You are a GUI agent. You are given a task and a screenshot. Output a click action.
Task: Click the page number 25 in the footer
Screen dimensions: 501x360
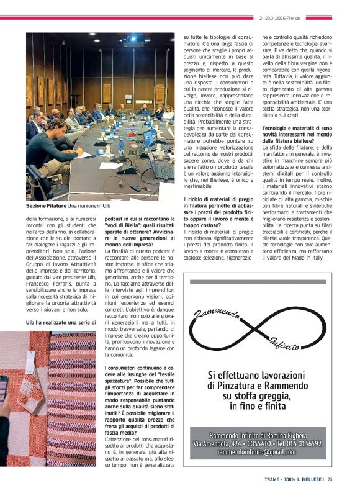(330, 479)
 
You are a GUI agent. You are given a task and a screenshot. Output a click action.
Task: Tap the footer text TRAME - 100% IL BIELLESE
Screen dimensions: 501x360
(294, 479)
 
